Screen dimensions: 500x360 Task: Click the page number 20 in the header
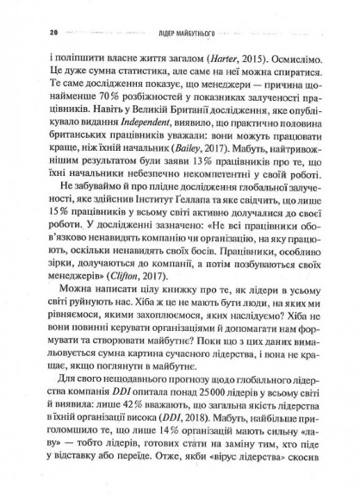pos(31,33)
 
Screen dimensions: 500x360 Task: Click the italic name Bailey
pos(191,142)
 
